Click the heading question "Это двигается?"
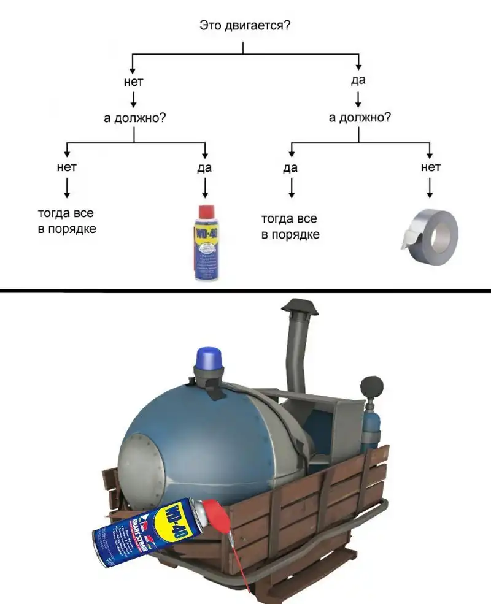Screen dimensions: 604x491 coord(245,26)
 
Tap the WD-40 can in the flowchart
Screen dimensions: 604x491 coord(205,245)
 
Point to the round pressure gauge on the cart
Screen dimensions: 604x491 coord(372,386)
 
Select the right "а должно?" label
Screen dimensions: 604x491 coord(360,117)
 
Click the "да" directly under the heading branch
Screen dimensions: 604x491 coord(359,80)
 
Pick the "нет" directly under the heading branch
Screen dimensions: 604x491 coord(133,81)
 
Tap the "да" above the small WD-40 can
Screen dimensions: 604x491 coord(204,167)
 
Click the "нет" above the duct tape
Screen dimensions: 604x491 coord(430,166)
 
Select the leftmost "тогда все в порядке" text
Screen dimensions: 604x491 coord(67,221)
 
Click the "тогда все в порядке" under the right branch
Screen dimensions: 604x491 coord(290,226)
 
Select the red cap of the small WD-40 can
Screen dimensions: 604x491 coord(205,212)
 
